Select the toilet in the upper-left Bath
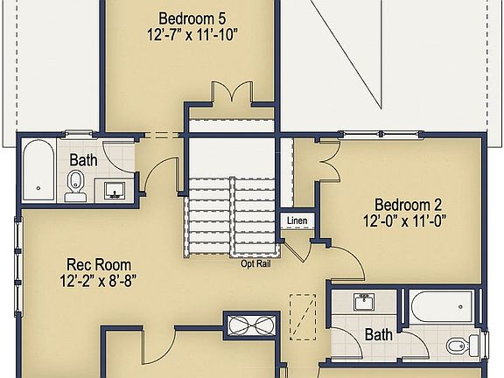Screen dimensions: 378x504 point(76,185)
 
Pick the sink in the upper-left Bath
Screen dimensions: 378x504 point(115,188)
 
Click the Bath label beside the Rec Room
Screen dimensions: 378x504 point(84,160)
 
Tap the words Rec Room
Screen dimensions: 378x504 point(98,263)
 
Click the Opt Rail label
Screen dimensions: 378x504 point(255,262)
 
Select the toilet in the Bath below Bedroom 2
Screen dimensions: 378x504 point(459,347)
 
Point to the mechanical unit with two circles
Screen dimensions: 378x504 point(250,325)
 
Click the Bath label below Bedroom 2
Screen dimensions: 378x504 point(379,334)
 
